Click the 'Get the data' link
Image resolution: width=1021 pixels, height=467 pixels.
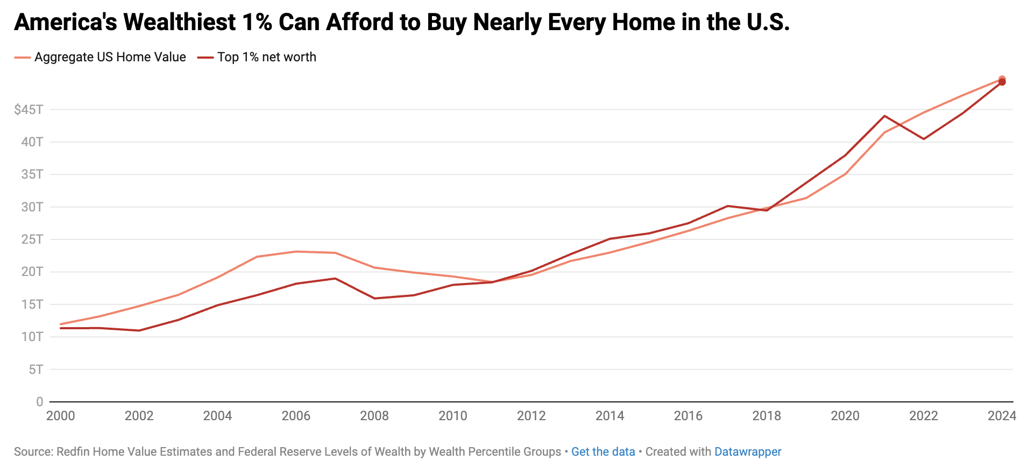[602, 452]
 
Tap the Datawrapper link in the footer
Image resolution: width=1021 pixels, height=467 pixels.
[747, 452]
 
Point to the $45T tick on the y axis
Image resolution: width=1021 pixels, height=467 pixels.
[29, 110]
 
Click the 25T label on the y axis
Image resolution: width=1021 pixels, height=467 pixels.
[32, 239]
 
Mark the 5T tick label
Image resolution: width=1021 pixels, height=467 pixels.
[36, 370]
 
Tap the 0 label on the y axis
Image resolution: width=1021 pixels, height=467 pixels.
[39, 402]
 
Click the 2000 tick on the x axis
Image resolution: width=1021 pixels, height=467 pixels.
[61, 416]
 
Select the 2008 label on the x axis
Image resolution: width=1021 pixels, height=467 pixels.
[374, 416]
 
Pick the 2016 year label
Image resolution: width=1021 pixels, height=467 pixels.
[688, 416]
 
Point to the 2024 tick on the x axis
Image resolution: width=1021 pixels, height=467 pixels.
[1002, 416]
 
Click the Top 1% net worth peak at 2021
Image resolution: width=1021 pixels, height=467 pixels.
[884, 116]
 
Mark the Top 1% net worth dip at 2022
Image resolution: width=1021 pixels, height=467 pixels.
[924, 139]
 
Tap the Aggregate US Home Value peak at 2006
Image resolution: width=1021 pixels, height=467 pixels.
[296, 251]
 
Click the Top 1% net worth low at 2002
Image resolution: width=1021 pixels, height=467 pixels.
[139, 330]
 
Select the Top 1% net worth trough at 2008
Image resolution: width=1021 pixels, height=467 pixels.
[374, 298]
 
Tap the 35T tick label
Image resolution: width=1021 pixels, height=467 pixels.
[32, 174]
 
